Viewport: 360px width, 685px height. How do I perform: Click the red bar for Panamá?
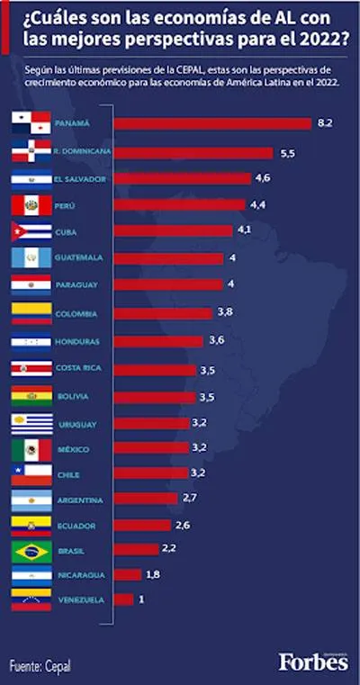pos(212,123)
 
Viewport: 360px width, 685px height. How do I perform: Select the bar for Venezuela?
pos(123,599)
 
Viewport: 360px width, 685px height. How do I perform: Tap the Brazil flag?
pos(31,552)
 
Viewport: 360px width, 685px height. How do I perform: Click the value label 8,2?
pos(325,123)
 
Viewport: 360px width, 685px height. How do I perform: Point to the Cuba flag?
pos(31,231)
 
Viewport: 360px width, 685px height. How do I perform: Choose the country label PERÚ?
pos(66,206)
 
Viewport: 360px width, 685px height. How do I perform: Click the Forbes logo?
pos(314,662)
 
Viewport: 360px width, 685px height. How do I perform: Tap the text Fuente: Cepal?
pos(40,666)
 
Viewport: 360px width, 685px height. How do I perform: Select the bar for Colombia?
pos(163,313)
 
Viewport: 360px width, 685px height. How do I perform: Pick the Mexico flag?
pos(31,450)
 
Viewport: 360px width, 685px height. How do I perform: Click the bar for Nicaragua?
pos(128,574)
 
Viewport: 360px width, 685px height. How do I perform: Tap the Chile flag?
pos(31,475)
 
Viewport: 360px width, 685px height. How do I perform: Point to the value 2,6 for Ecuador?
pos(183,525)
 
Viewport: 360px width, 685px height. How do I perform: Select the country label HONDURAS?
pos(77,342)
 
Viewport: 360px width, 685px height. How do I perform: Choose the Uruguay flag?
pos(31,424)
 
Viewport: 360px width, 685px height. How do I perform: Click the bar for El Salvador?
pos(182,179)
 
